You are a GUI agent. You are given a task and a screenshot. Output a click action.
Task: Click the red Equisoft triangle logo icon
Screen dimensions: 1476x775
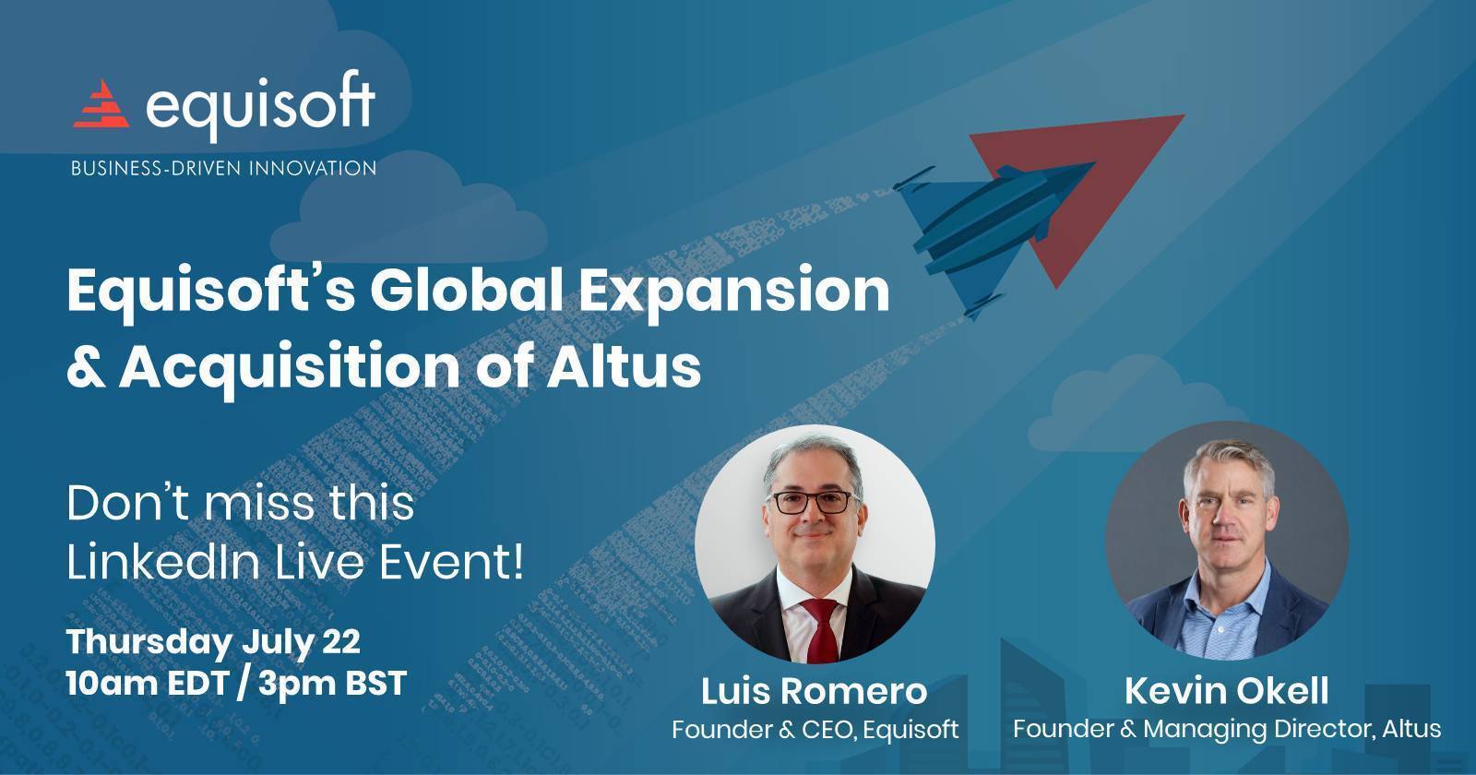(101, 103)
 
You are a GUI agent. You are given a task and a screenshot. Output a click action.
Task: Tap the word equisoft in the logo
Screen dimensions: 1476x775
(260, 105)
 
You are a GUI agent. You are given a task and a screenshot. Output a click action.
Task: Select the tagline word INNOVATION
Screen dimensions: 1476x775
(313, 168)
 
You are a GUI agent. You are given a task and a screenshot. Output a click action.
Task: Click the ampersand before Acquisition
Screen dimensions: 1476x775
(87, 367)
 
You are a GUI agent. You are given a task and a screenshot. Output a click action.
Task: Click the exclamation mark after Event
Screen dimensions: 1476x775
(518, 563)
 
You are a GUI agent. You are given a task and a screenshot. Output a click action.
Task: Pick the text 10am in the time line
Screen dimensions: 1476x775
(112, 684)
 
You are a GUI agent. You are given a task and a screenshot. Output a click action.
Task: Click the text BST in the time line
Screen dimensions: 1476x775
(375, 684)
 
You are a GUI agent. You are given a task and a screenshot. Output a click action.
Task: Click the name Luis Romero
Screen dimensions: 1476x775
(814, 691)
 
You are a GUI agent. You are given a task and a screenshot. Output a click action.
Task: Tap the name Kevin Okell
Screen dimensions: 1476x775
(1226, 691)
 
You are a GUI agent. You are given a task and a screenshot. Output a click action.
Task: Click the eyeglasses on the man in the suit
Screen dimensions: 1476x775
(813, 502)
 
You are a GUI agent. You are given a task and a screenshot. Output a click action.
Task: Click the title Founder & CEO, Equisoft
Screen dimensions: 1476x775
(815, 730)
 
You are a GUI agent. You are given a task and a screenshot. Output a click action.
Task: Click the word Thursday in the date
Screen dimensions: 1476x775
(149, 642)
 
